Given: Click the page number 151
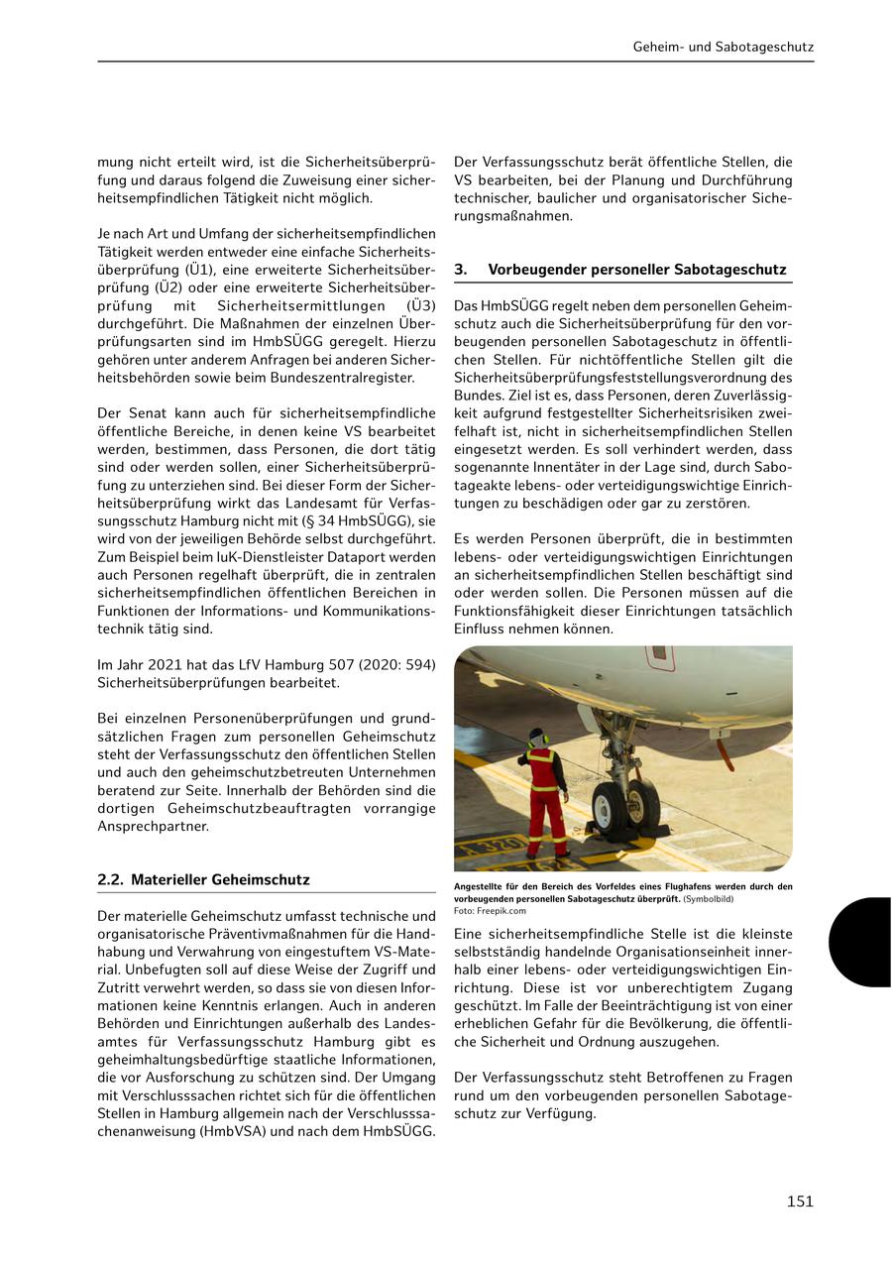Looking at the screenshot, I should point(800,1202).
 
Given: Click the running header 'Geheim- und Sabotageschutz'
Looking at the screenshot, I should point(724,47).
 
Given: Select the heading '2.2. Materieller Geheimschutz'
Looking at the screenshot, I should point(203,879).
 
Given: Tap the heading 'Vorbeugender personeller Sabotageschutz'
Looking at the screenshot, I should point(636,270).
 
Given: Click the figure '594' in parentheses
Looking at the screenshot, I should point(416,664).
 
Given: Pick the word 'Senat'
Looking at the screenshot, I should point(147,412).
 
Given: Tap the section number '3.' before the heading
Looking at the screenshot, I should point(461,270).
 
